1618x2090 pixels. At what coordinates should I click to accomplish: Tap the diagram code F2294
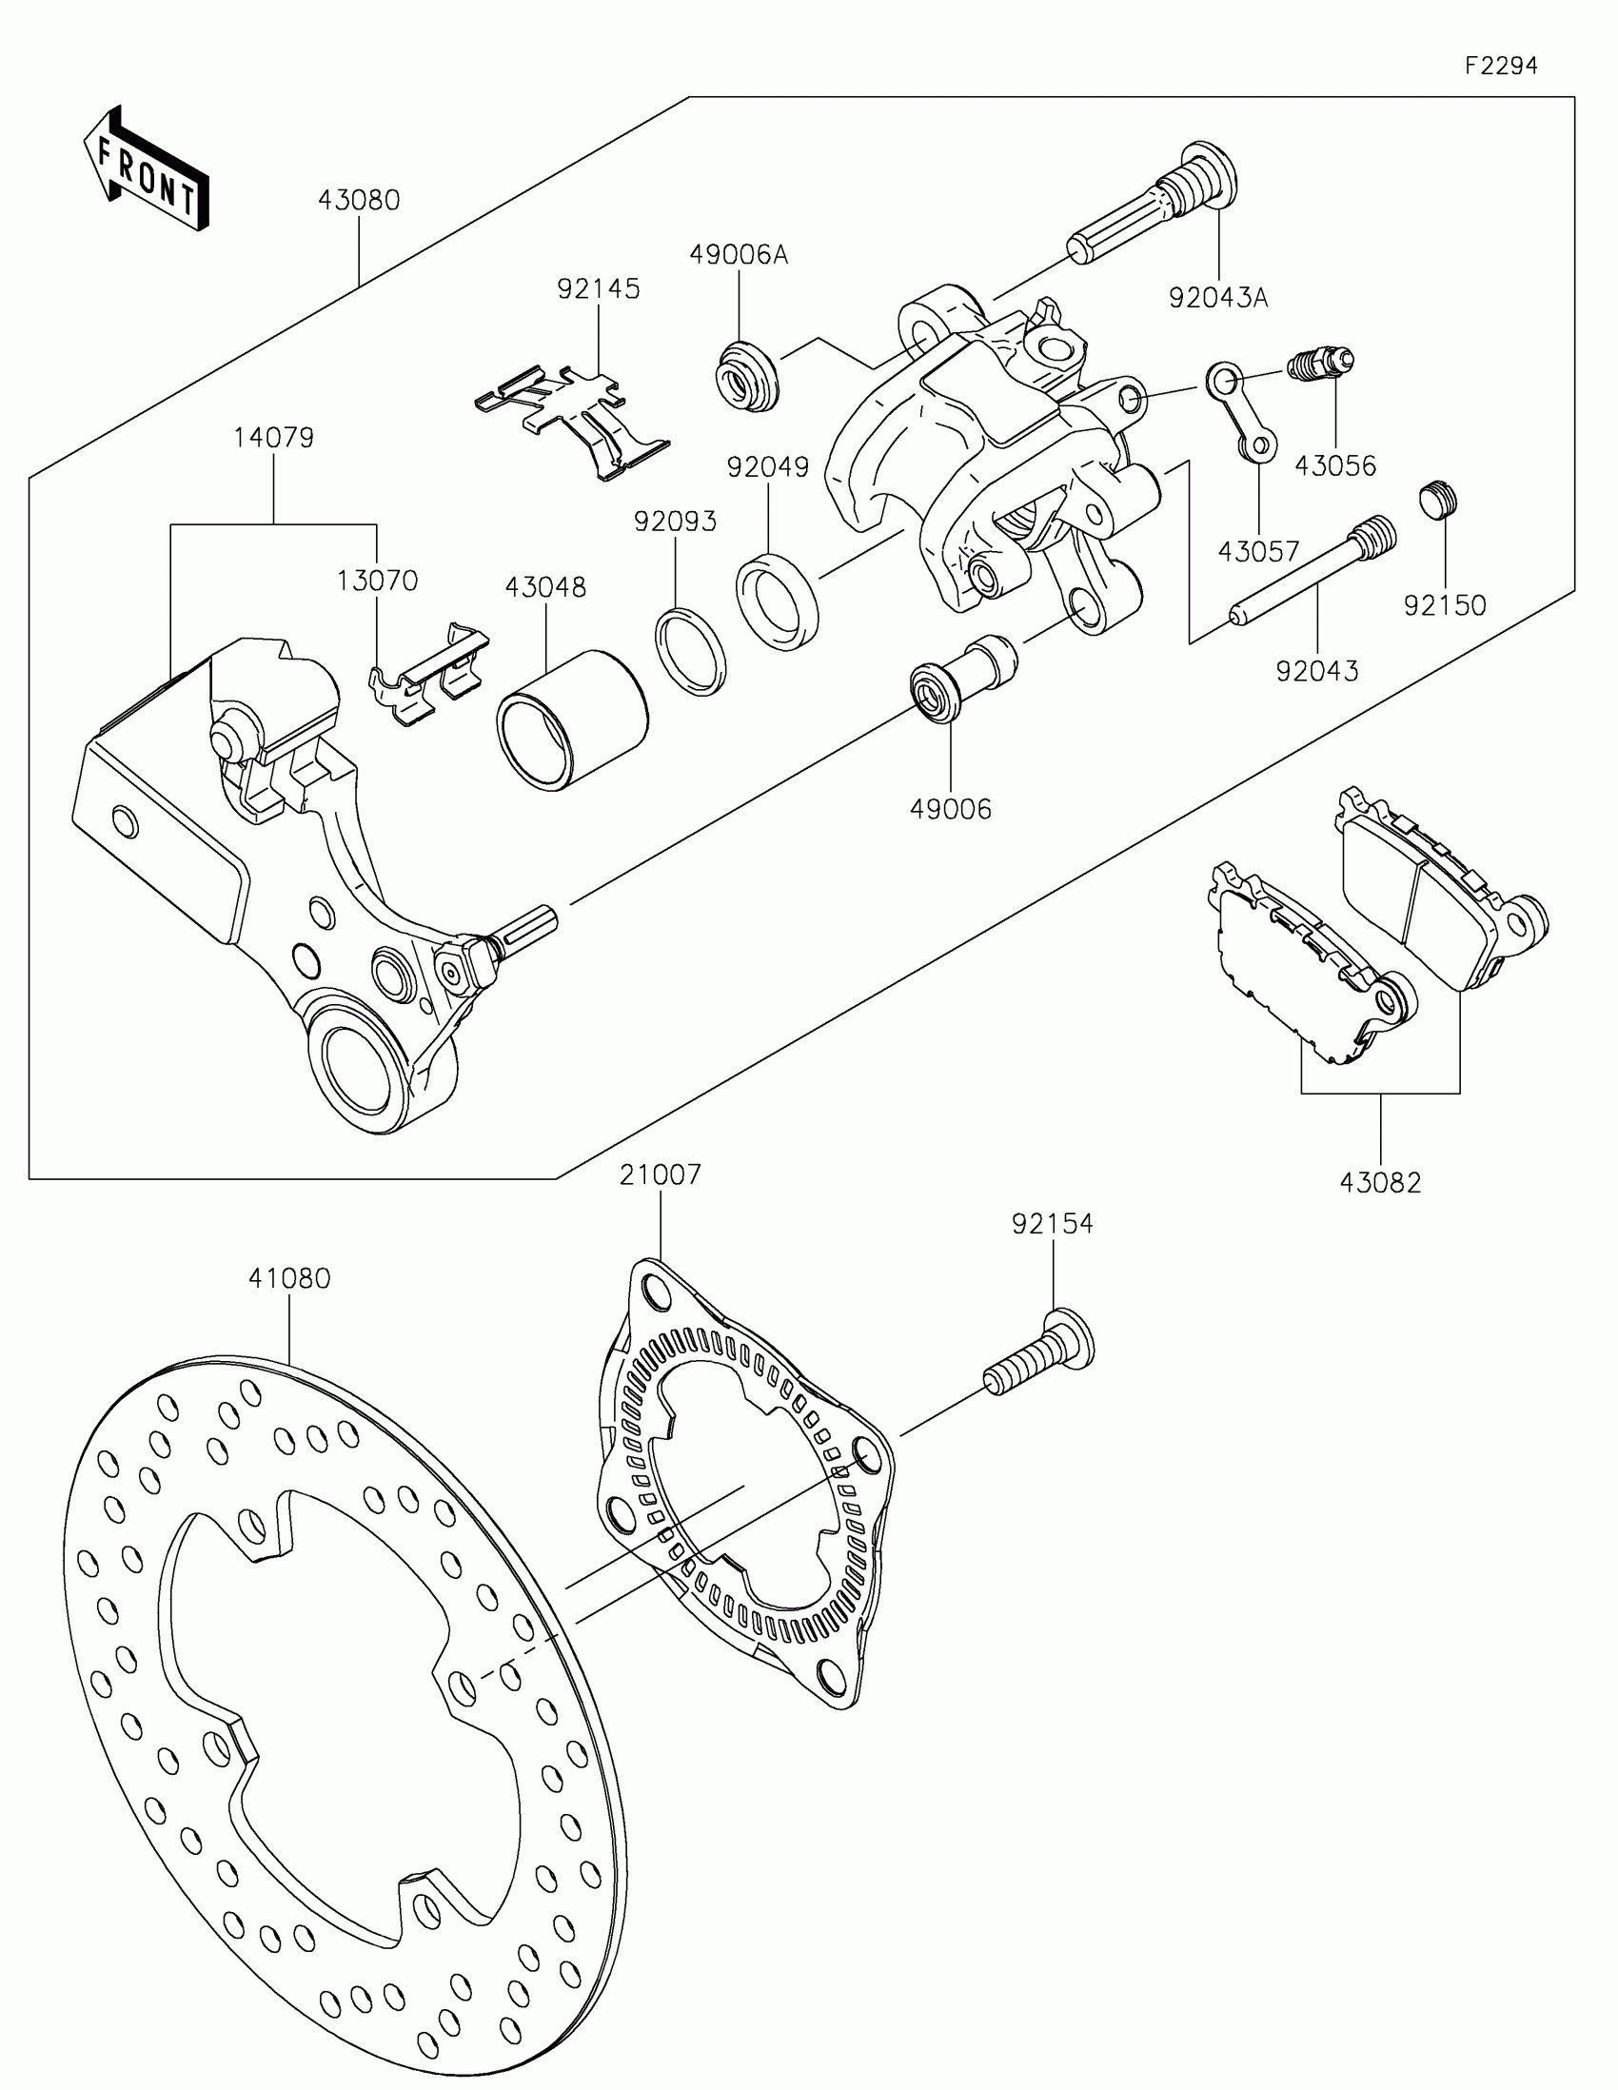[x=1500, y=66]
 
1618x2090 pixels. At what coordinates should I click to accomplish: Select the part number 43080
[x=359, y=200]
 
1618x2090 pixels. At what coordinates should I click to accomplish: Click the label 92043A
[x=1218, y=298]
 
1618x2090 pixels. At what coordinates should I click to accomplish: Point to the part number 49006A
[x=739, y=254]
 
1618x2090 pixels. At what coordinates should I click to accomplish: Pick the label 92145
[x=599, y=288]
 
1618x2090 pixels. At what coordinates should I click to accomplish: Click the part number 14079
[x=274, y=438]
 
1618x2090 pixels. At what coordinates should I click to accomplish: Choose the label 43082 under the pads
[x=1380, y=1183]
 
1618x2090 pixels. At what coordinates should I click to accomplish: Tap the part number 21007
[x=661, y=1174]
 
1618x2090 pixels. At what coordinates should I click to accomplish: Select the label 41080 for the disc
[x=289, y=1278]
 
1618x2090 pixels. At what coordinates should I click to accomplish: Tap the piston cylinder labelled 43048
[x=572, y=720]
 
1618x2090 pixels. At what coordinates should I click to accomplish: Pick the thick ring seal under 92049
[x=777, y=601]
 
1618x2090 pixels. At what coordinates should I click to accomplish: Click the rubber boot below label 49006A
[x=748, y=376]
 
